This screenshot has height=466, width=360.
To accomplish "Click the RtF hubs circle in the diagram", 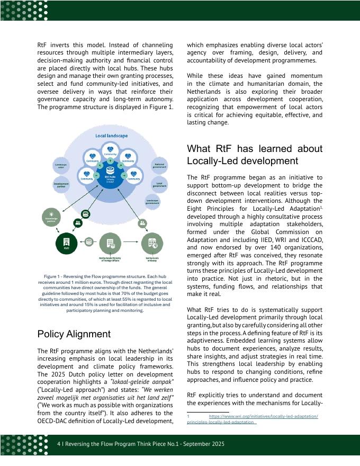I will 110,178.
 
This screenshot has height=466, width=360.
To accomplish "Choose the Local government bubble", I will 159,184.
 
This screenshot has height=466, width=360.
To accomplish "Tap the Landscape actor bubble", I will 61,166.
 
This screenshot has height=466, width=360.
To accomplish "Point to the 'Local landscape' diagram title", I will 111,136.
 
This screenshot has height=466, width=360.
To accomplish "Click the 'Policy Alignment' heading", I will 74,334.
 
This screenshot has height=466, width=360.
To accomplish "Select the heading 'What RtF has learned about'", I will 254,148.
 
